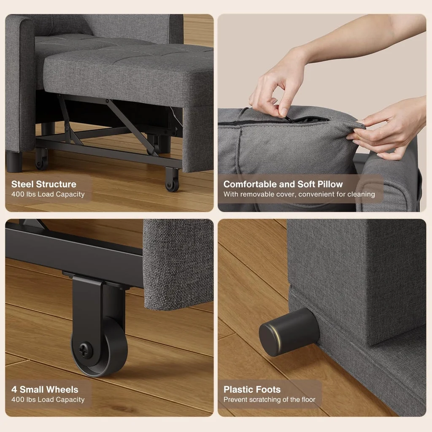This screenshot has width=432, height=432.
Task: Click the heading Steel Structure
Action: pyautogui.click(x=44, y=184)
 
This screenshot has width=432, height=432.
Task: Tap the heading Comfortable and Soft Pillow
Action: pyautogui.click(x=283, y=184)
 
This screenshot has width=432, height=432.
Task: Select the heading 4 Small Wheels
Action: pyautogui.click(x=45, y=389)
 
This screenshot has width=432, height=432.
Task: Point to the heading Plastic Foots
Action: pyautogui.click(x=252, y=389)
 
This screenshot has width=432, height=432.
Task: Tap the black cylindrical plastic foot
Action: pyautogui.click(x=289, y=332)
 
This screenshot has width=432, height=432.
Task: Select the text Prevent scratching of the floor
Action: pyautogui.click(x=269, y=400)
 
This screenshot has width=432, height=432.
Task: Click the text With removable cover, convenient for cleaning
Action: pyautogui.click(x=299, y=194)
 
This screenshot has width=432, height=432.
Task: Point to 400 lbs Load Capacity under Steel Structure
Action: pyautogui.click(x=48, y=194)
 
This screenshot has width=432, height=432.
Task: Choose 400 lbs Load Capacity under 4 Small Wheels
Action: pyautogui.click(x=48, y=400)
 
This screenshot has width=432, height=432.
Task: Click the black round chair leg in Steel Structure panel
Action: pyautogui.click(x=13, y=162)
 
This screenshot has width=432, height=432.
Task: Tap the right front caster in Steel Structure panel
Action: pyautogui.click(x=172, y=180)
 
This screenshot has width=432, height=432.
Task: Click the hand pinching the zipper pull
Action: pyautogui.click(x=274, y=91)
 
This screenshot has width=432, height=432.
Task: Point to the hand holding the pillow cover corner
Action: pyautogui.click(x=388, y=131)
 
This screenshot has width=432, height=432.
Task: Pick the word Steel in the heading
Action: pyautogui.click(x=23, y=184)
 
